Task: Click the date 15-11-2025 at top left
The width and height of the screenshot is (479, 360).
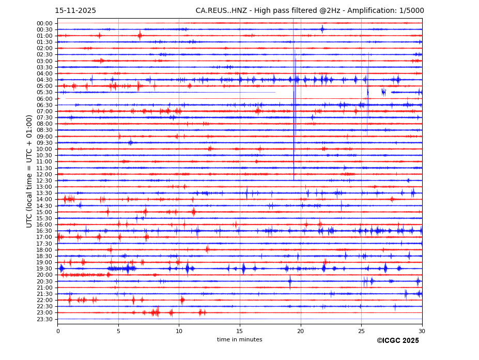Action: pos(75,11)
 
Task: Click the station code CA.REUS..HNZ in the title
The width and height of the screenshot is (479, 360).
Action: pos(221,11)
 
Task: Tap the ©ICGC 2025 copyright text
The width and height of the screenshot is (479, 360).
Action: pos(397,341)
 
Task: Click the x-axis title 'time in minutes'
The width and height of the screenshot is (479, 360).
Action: pos(239,340)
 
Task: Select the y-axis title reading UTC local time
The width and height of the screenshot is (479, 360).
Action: pos(29,171)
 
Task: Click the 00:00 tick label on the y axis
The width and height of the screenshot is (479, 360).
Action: pos(44,23)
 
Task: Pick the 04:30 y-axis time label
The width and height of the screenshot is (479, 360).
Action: pos(44,80)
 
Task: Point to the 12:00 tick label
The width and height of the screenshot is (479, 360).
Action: pos(44,174)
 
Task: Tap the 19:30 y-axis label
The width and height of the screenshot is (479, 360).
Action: pos(44,269)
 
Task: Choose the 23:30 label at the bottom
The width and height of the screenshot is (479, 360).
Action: pos(44,319)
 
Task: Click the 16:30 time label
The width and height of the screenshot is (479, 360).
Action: pos(44,231)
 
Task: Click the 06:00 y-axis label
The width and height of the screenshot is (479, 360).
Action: pos(44,99)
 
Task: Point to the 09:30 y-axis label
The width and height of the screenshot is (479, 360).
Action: pos(44,143)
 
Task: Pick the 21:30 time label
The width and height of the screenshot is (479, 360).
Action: pos(44,294)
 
